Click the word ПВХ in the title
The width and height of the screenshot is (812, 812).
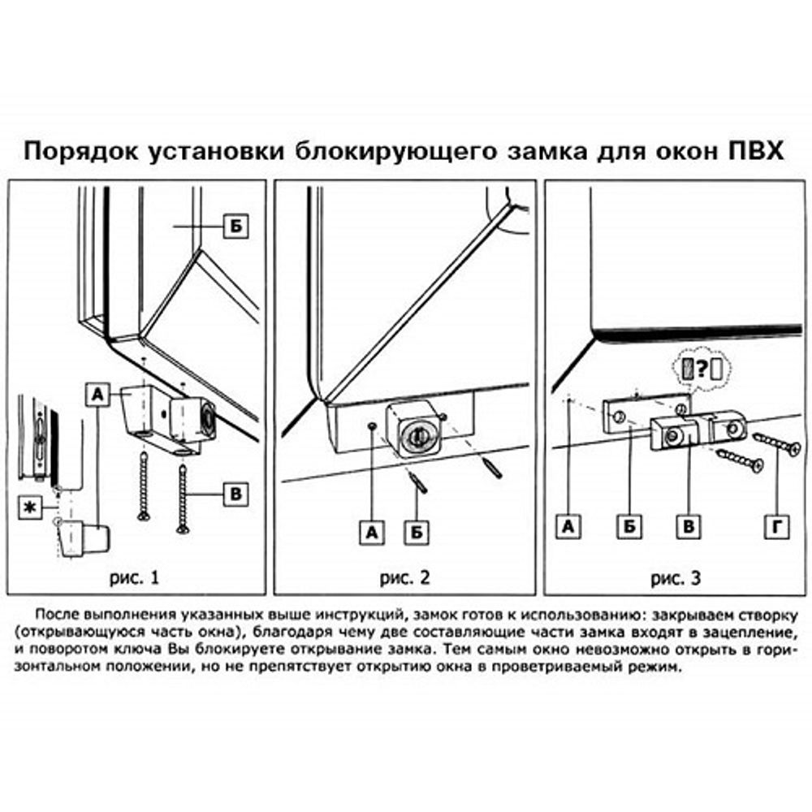753,153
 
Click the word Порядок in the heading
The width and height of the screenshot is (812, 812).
78,153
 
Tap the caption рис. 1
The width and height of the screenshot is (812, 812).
134,578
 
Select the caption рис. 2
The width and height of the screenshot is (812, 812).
404,578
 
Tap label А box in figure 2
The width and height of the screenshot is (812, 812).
372,533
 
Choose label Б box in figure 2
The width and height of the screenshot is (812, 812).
417,533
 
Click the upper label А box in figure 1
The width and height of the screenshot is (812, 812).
95,395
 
